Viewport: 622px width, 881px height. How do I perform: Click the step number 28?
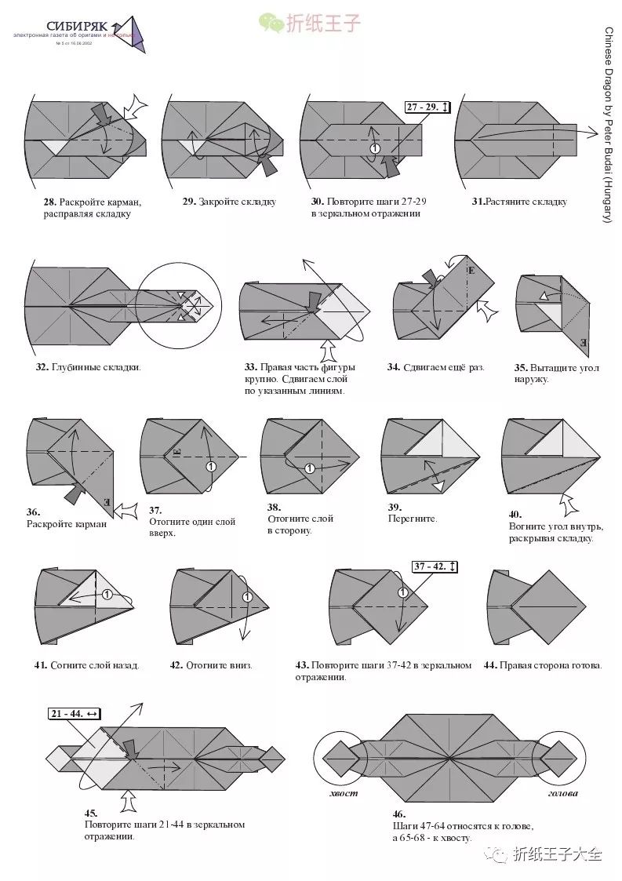(x=49, y=202)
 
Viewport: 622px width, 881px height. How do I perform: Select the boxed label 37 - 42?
(x=435, y=566)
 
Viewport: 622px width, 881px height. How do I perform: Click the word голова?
(x=562, y=793)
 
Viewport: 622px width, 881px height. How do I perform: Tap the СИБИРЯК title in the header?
(x=76, y=27)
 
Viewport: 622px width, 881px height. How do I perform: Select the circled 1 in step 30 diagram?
(x=375, y=148)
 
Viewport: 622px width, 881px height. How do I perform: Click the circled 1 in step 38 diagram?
(x=310, y=468)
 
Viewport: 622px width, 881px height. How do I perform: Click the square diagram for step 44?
(x=547, y=606)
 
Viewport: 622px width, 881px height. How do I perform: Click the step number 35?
(x=522, y=367)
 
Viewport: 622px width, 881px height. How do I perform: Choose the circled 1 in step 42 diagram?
(x=248, y=597)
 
